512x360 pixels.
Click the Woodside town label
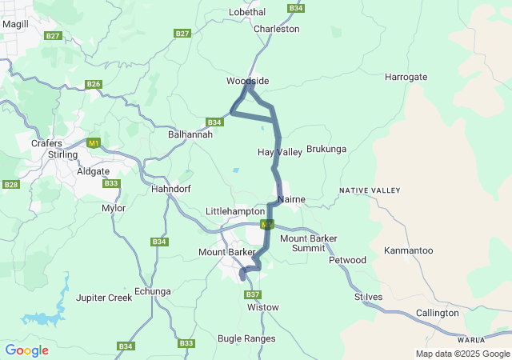[247, 81]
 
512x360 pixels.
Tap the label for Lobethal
[247, 12]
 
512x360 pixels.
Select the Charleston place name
[276, 29]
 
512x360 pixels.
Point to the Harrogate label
[406, 77]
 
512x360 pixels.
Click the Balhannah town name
[190, 135]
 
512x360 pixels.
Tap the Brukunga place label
[326, 149]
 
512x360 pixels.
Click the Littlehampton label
[235, 210]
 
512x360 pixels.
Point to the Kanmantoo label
[408, 250]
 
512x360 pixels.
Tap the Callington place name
[438, 313]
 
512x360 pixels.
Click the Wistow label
[263, 307]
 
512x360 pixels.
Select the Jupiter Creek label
[103, 298]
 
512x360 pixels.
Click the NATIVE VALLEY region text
[369, 190]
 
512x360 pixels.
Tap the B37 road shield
[253, 294]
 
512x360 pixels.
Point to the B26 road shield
[94, 84]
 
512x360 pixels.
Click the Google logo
[26, 350]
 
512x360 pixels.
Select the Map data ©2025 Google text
[462, 354]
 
